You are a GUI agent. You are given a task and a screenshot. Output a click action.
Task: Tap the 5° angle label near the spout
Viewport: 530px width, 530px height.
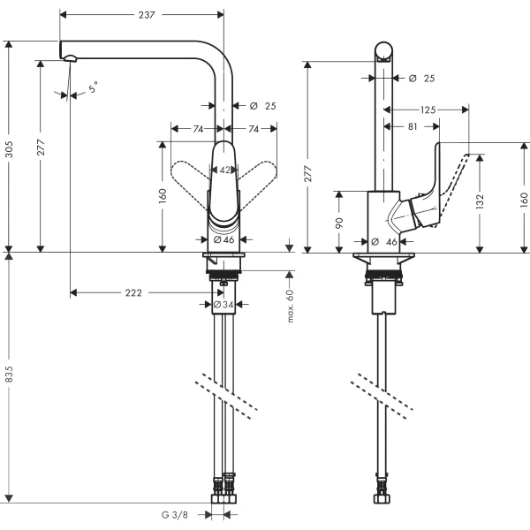pos(93,87)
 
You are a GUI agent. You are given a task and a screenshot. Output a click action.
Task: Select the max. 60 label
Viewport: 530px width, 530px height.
pos(289,306)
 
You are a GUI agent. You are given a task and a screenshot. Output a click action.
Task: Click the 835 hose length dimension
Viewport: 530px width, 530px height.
pos(10,375)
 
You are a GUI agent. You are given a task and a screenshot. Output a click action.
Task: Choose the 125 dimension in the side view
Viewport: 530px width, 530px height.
pos(428,110)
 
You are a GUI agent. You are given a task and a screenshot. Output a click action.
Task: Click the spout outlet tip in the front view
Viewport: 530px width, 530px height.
pos(70,59)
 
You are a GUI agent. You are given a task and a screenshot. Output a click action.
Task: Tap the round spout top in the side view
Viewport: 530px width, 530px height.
pos(384,50)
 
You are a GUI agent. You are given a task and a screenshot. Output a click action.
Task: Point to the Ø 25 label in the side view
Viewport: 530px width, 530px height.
pos(422,79)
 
